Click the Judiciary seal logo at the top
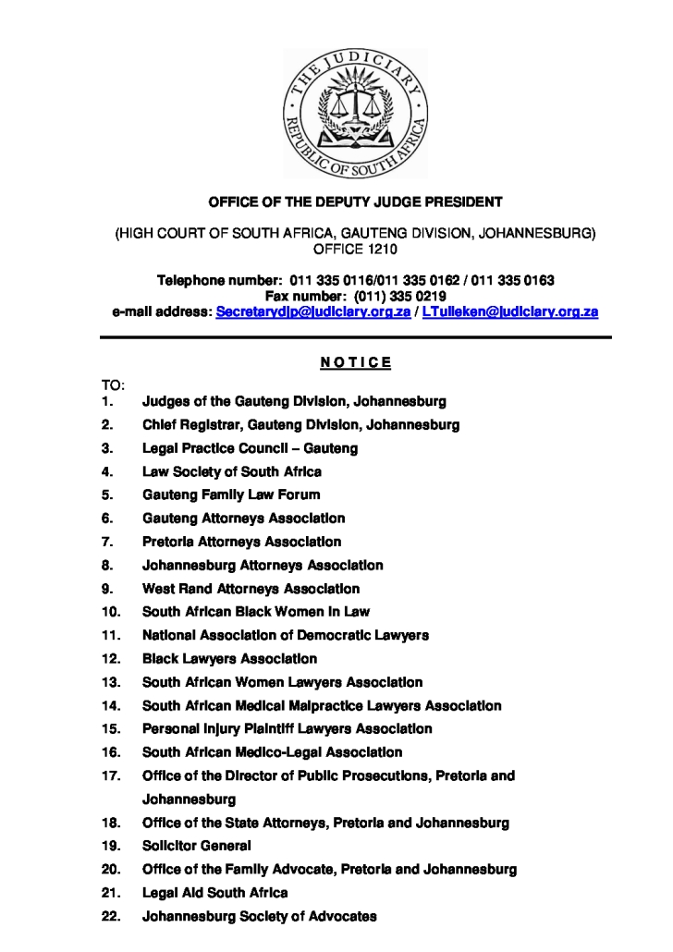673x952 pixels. tap(355, 113)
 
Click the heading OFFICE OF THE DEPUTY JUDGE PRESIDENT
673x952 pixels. tap(355, 201)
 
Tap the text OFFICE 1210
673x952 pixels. tap(355, 250)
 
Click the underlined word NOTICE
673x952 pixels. tap(355, 361)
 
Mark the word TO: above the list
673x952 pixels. tap(113, 384)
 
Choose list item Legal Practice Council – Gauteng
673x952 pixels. tap(250, 448)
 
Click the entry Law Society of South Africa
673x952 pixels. tap(232, 471)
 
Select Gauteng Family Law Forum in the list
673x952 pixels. tap(231, 494)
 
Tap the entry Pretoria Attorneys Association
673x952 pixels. tap(241, 542)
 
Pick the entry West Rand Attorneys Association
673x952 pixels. tap(251, 589)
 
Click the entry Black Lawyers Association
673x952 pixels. tap(229, 659)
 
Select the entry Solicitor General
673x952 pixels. tap(196, 846)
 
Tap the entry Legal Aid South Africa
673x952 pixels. tap(214, 893)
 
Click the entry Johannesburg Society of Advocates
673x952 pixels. tap(259, 916)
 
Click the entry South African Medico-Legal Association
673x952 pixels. tap(272, 752)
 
